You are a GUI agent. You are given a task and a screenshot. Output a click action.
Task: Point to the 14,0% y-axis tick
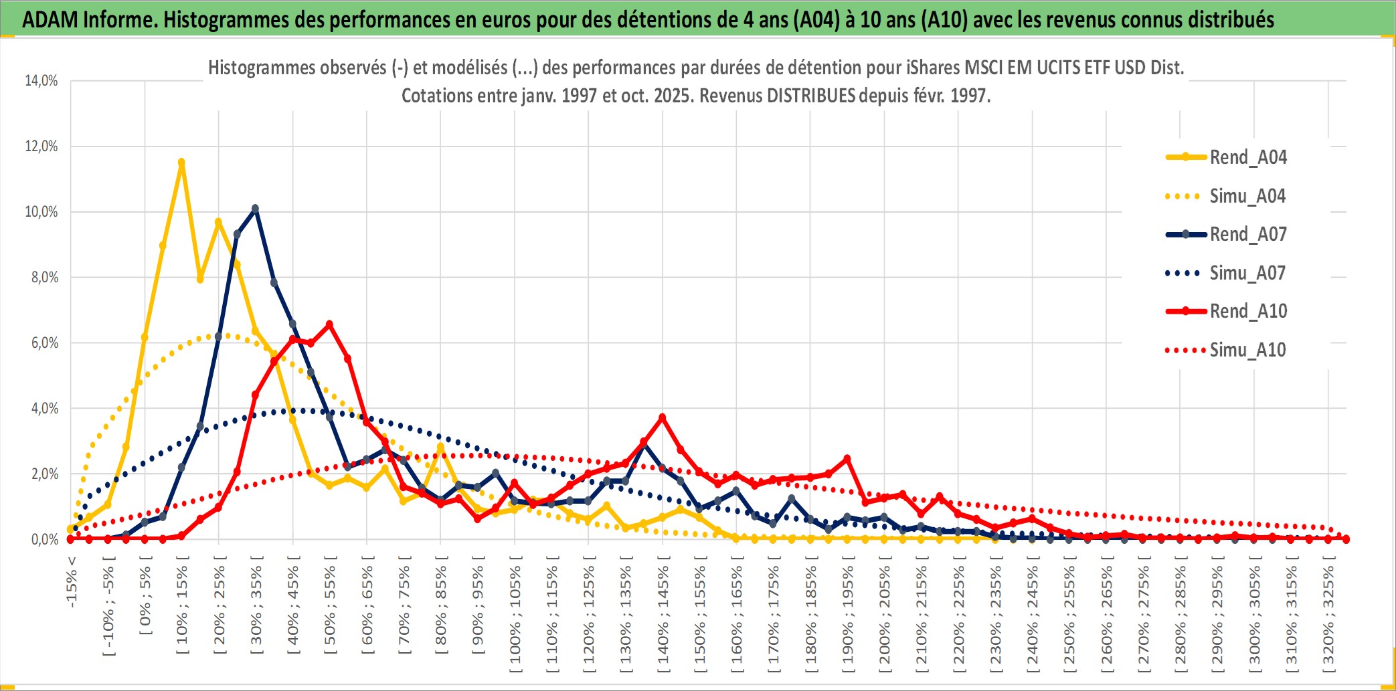point(41,81)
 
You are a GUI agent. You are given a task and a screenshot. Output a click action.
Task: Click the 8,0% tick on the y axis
point(44,277)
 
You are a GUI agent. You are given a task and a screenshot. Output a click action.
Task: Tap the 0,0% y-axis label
point(44,539)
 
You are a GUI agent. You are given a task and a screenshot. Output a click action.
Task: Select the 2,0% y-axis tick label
point(44,474)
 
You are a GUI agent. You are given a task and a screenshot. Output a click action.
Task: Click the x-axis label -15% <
point(72,582)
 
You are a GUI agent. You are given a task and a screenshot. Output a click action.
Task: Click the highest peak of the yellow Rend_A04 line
point(181,162)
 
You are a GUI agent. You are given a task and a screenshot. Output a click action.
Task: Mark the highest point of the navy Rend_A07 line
point(255,209)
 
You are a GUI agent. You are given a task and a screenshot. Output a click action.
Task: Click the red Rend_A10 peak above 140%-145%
point(663,417)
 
